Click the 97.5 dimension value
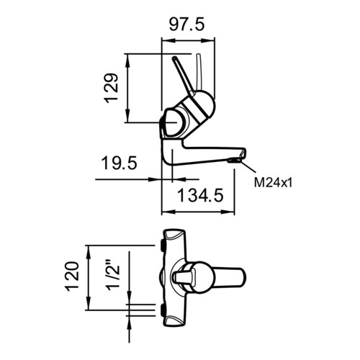186,24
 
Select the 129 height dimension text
111,88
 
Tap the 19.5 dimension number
119,163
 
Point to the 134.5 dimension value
200,195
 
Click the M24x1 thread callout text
274,183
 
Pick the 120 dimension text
73,276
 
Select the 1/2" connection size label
113,275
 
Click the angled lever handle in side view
184,76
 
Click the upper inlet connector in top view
162,246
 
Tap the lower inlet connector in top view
162,310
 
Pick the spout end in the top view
230,276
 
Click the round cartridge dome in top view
199,276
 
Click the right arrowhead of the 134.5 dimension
228,212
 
